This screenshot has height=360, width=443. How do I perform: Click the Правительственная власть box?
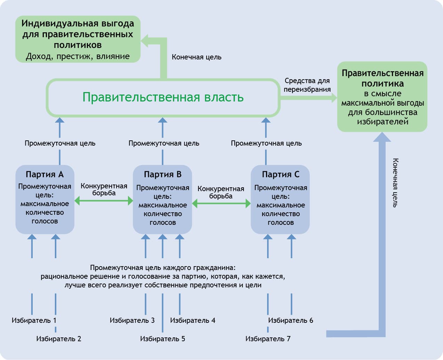pos(163,97)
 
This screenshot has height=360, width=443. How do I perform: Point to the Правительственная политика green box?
pos(382,97)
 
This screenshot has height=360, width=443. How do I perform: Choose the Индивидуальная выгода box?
pos(78,39)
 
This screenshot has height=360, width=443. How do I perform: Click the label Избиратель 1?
pos(34,320)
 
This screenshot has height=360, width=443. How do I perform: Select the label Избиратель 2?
pos(59,338)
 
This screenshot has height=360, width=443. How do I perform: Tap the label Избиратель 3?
pos(132,320)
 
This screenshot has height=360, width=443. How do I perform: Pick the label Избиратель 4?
pos(193,320)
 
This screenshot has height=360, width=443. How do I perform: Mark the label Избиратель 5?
pos(163,338)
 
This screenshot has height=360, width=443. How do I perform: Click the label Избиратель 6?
pos(291,320)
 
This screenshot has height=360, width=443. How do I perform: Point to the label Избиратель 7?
pos(268,338)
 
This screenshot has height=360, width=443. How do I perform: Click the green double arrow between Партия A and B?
pos(104,201)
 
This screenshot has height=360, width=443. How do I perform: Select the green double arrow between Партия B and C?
pos(221,204)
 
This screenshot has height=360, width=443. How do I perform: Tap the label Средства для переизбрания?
pos(307,85)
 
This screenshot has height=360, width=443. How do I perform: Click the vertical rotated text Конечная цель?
pos(395,183)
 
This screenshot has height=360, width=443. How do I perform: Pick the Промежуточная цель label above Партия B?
pos(164,143)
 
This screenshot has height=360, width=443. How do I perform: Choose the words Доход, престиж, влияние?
pos(78,56)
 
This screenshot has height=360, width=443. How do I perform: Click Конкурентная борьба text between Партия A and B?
pos(104,189)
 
